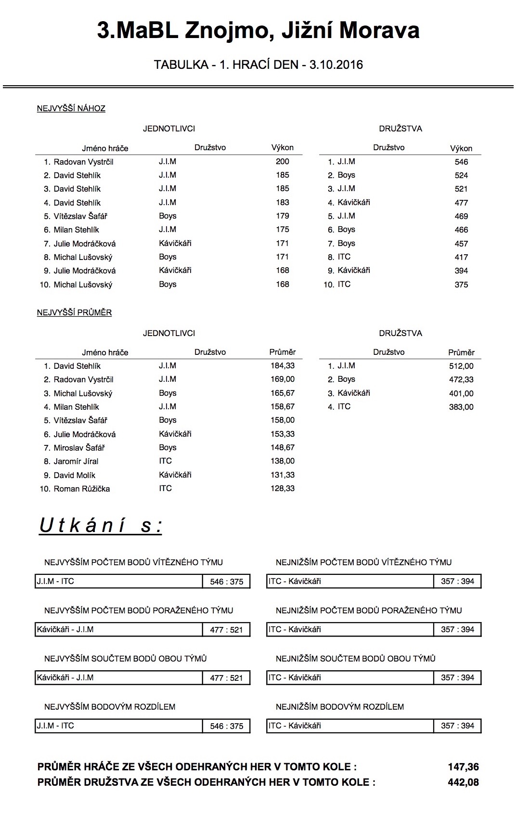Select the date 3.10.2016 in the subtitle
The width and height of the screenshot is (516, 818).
tap(336, 65)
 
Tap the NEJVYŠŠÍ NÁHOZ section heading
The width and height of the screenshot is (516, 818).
tap(71, 108)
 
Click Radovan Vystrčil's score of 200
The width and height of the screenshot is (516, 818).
tap(283, 162)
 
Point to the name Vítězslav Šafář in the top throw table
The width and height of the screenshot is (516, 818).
tap(80, 216)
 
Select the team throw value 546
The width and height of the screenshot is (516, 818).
tap(461, 162)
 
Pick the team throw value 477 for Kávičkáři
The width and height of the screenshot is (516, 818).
tap(461, 203)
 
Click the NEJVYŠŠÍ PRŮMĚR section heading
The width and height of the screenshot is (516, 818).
tap(74, 312)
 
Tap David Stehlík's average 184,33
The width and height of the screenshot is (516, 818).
tap(283, 366)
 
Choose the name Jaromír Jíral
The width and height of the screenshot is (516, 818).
tap(76, 461)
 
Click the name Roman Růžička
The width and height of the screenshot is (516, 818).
tap(81, 489)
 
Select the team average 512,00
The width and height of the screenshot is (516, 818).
tap(461, 366)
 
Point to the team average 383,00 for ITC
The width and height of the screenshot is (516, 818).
tap(461, 407)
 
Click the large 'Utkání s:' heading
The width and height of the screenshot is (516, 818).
tap(101, 525)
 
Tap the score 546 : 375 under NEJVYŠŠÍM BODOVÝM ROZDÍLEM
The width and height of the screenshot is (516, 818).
tap(226, 726)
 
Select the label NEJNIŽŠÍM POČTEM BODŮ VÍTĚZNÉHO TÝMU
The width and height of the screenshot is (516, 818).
tap(363, 562)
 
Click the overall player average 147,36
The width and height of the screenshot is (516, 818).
tap(463, 767)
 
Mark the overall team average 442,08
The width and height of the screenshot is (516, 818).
tap(463, 782)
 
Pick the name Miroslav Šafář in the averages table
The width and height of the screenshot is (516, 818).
tap(79, 448)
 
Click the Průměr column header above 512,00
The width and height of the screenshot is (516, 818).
tap(461, 352)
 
